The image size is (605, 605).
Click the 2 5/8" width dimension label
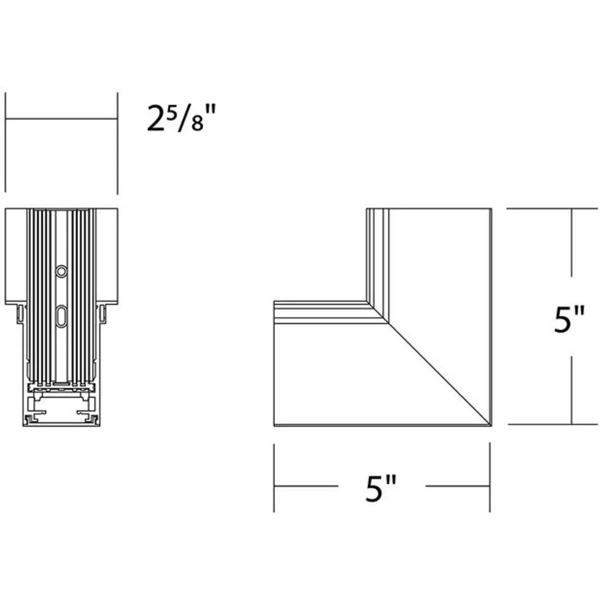(x=181, y=118)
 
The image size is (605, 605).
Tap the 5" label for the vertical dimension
(x=570, y=319)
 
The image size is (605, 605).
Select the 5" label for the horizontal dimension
(x=381, y=488)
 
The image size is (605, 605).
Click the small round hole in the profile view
(x=61, y=271)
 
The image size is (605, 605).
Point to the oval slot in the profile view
(x=61, y=317)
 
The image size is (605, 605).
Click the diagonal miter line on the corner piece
(x=439, y=374)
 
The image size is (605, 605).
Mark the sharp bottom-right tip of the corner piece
(x=491, y=426)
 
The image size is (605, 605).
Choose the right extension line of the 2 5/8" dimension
(x=118, y=143)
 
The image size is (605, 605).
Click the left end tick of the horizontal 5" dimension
(x=274, y=478)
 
